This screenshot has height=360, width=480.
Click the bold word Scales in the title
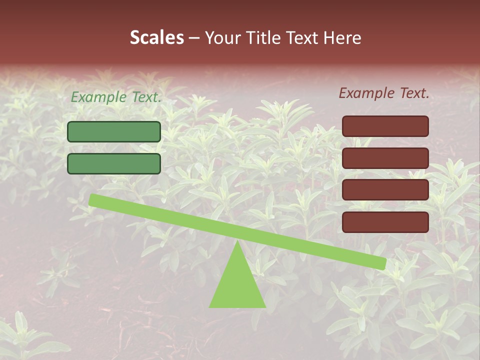pyautogui.click(x=156, y=37)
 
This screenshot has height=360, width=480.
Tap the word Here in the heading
pyautogui.click(x=342, y=37)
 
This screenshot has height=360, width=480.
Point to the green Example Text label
pyautogui.click(x=116, y=97)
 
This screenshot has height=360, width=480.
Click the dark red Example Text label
pyautogui.click(x=384, y=93)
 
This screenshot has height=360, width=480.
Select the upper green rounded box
pyautogui.click(x=114, y=131)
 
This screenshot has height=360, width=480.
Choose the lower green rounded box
pyautogui.click(x=114, y=163)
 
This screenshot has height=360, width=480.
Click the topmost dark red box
pyautogui.click(x=385, y=126)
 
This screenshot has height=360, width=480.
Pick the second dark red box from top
pyautogui.click(x=385, y=158)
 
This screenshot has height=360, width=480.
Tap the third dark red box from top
pyautogui.click(x=385, y=190)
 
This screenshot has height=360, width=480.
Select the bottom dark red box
pyautogui.click(x=385, y=222)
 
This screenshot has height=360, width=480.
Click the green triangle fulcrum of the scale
pyautogui.click(x=237, y=285)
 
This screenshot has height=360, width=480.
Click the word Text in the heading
pyautogui.click(x=301, y=37)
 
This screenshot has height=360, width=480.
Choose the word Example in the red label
pyautogui.click(x=366, y=93)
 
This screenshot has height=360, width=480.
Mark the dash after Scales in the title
pyautogui.click(x=194, y=38)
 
